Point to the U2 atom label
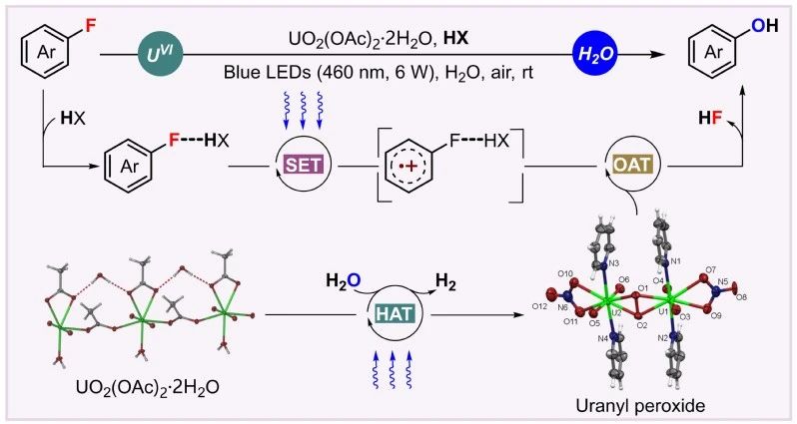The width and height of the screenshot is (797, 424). coord(616,312)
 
